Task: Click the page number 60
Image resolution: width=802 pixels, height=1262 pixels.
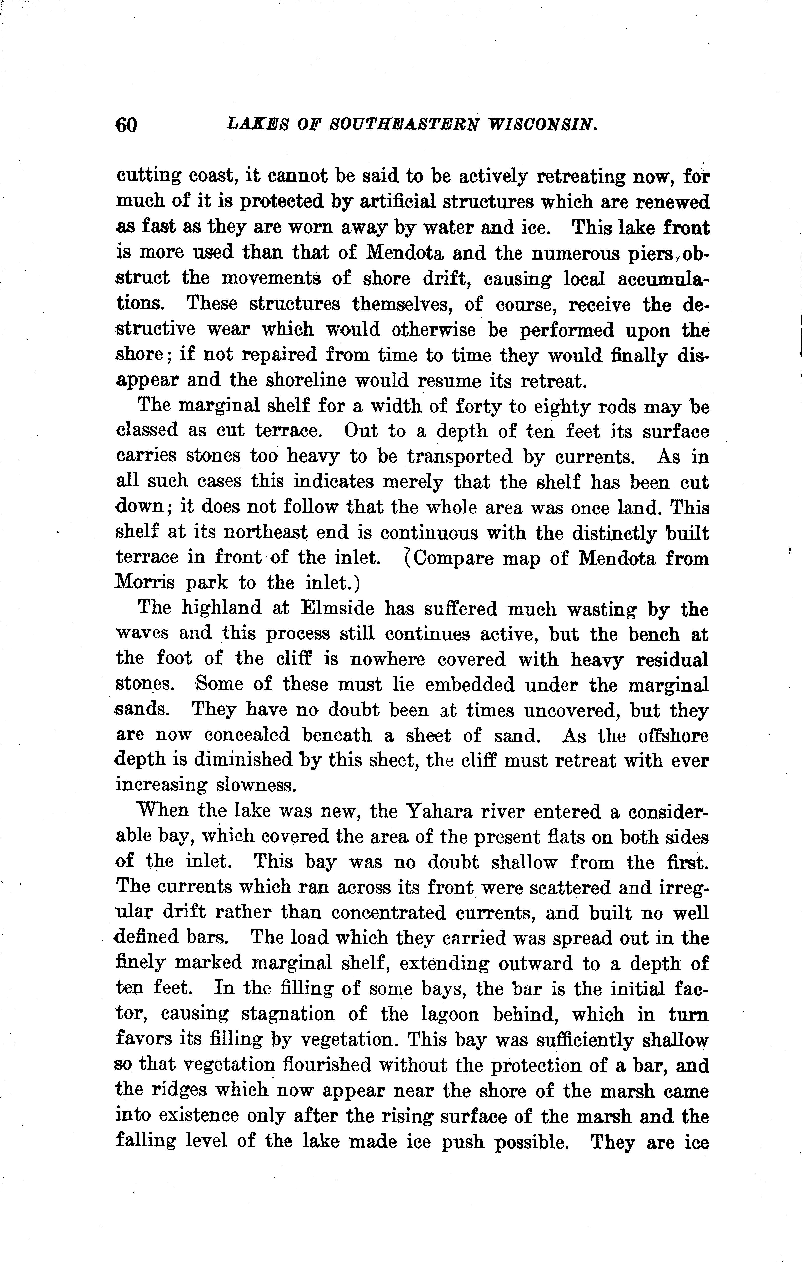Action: click(126, 125)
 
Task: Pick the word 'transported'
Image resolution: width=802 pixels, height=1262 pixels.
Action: click(459, 457)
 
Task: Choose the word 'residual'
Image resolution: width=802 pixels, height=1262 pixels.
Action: click(672, 659)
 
